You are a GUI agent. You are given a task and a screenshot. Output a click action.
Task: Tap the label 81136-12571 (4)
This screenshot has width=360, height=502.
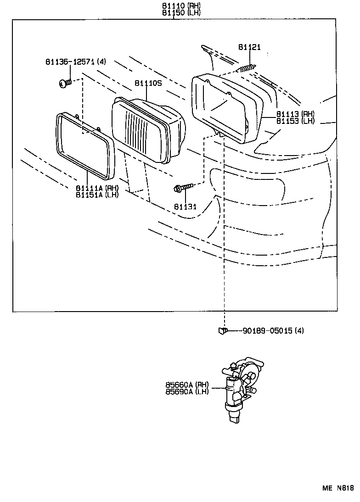75,61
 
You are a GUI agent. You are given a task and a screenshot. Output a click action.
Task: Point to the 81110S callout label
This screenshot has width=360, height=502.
148,83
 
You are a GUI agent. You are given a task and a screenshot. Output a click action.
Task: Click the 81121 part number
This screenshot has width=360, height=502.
249,47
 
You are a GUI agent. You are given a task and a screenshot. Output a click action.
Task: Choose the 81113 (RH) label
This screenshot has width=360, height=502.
295,114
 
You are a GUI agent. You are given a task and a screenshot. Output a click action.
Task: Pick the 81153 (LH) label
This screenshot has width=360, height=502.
295,121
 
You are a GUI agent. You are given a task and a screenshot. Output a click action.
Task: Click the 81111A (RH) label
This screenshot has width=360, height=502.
97,188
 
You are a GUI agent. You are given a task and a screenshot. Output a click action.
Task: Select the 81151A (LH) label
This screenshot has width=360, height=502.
97,194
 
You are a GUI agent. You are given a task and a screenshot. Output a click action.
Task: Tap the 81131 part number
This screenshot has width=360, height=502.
185,207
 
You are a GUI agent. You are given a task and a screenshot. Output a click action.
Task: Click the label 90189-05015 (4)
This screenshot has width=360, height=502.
273,330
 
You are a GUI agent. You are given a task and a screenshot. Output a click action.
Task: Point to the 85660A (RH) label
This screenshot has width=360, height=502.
187,385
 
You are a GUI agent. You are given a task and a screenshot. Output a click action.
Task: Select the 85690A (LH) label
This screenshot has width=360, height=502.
187,391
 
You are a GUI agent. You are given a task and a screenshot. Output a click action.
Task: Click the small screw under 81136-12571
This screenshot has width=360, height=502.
64,84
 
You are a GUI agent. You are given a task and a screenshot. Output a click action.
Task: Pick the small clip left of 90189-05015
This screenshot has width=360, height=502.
222,330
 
